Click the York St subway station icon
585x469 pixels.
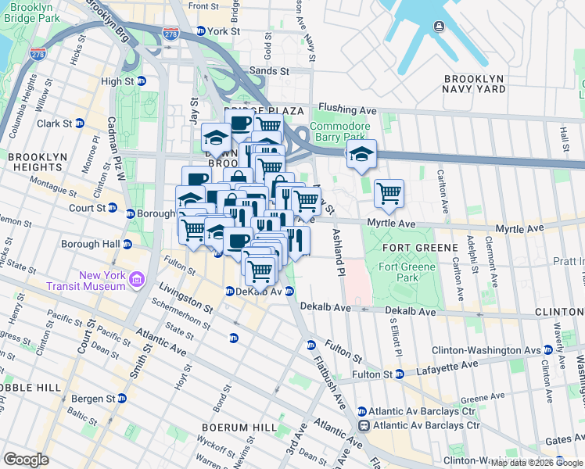point(201,31)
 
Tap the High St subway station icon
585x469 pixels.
point(142,81)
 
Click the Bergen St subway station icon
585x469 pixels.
point(121,399)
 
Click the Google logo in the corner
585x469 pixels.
point(26,460)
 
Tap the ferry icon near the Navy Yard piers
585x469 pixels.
point(439,27)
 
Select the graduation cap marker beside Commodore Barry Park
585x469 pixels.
point(361,156)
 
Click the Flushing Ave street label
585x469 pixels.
point(348,110)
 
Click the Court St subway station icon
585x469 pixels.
point(113,209)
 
